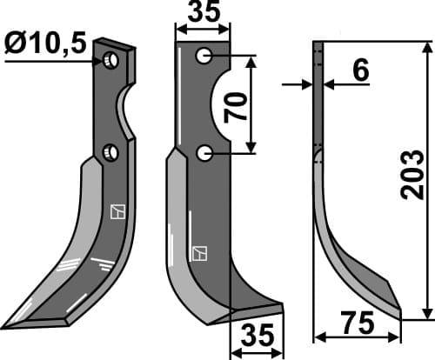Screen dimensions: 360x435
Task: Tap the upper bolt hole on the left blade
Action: [110, 61]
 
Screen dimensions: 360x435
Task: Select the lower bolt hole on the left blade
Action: [110, 153]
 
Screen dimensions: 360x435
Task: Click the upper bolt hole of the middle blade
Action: [204, 57]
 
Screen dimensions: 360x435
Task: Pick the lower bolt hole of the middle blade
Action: [204, 154]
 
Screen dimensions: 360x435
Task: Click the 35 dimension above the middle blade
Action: [203, 13]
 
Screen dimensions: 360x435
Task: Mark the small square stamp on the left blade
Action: [117, 210]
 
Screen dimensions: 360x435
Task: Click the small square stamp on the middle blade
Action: [201, 253]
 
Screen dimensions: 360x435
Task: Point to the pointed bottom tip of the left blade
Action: [7, 327]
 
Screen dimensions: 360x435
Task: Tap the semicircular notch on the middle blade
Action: [219, 105]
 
